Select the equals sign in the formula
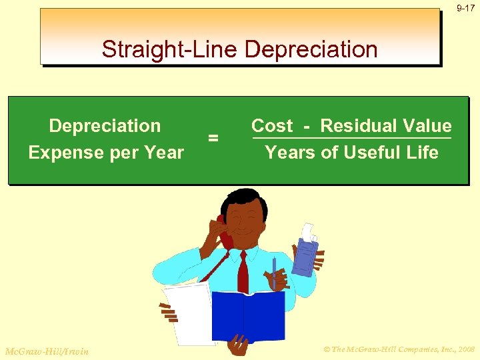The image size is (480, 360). point(213,138)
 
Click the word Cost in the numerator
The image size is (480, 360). point(271,126)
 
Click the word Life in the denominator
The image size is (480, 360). point(421,153)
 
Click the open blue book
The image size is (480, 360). point(247,314)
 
